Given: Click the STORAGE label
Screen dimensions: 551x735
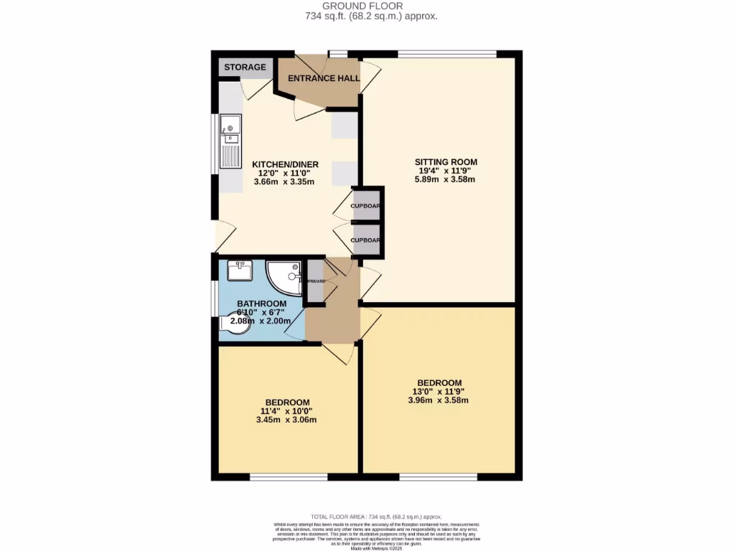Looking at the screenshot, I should pyautogui.click(x=245, y=67).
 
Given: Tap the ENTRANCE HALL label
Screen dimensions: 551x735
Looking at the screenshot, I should pyautogui.click(x=323, y=78).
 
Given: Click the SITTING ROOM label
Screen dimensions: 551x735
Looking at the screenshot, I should pyautogui.click(x=446, y=161).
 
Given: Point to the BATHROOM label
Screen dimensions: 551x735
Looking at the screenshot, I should pyautogui.click(x=262, y=303).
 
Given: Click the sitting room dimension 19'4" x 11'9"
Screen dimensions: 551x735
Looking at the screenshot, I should pyautogui.click(x=446, y=171).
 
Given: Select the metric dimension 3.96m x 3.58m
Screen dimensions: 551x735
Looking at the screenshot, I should pyautogui.click(x=438, y=400).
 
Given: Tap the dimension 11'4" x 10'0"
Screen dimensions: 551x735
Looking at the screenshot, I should pyautogui.click(x=286, y=411).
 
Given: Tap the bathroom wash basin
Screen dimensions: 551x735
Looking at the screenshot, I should pyautogui.click(x=238, y=270).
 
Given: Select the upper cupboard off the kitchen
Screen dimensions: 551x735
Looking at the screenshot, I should pyautogui.click(x=365, y=206).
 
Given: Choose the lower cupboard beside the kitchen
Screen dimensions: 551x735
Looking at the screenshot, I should pyautogui.click(x=365, y=240).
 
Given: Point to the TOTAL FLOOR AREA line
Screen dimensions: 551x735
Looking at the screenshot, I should pyautogui.click(x=375, y=517).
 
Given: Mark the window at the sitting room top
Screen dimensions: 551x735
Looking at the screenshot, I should pyautogui.click(x=446, y=54).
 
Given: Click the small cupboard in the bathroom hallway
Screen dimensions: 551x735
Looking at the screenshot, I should pyautogui.click(x=314, y=280).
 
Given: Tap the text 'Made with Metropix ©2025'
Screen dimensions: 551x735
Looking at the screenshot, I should pyautogui.click(x=376, y=549).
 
